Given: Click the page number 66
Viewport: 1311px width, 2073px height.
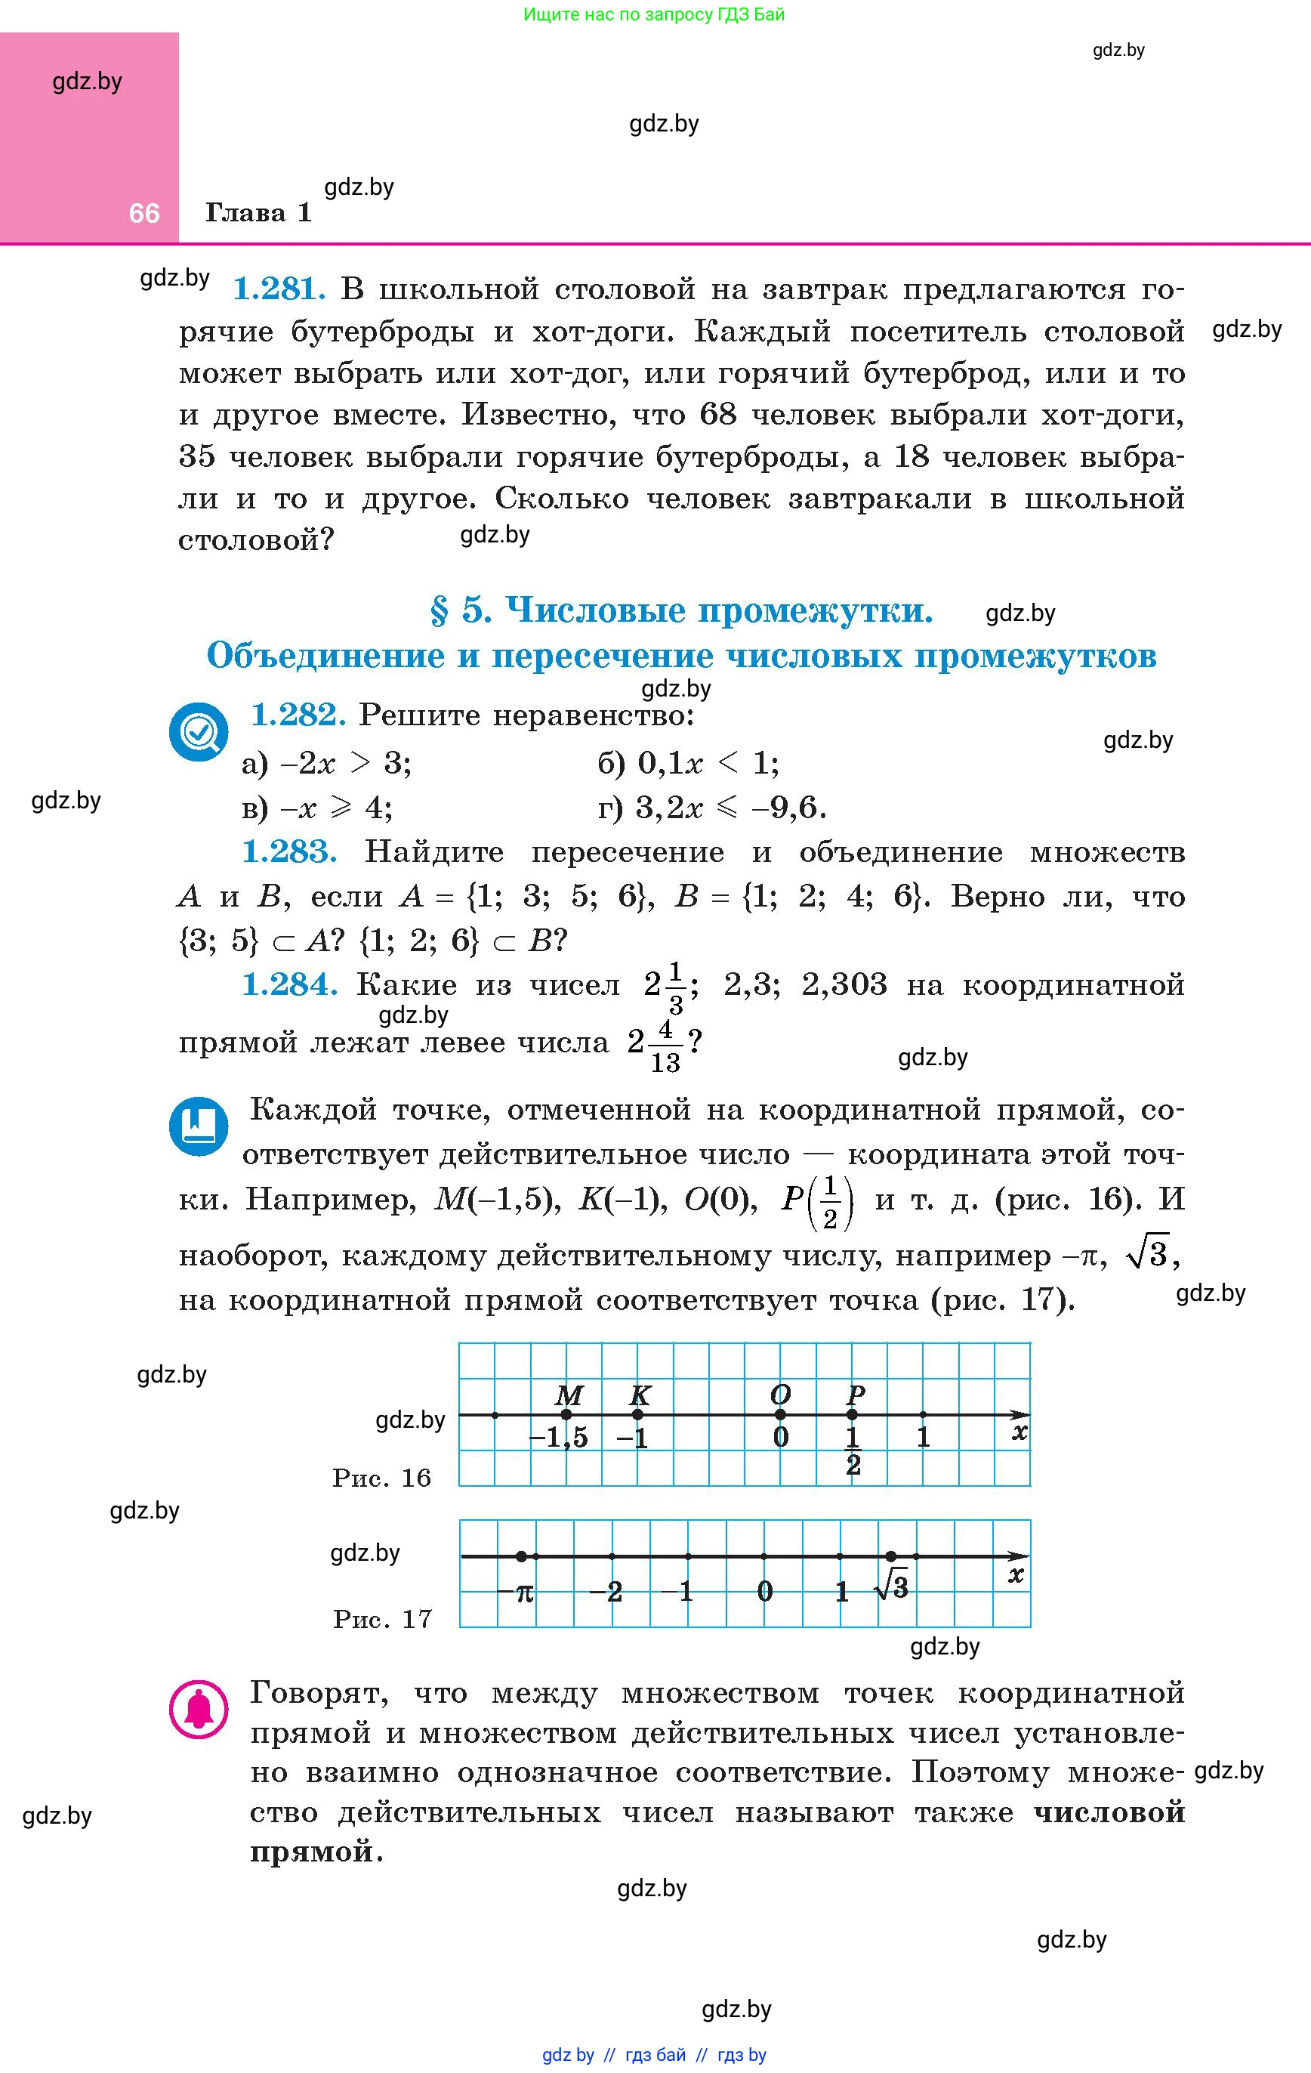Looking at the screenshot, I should click(x=143, y=212).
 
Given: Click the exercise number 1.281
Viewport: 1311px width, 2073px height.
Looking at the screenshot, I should click(x=279, y=289).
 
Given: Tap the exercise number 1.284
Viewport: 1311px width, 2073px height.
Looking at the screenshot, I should click(x=288, y=984).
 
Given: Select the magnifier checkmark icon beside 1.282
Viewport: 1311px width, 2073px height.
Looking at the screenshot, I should click(x=199, y=733).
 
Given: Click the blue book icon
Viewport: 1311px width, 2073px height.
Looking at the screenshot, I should click(x=199, y=1125).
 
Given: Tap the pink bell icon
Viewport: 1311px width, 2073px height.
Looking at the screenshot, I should click(x=199, y=1709).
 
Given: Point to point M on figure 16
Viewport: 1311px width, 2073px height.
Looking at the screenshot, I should click(x=566, y=1414).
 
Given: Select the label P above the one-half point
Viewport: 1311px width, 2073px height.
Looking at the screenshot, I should click(x=855, y=1394).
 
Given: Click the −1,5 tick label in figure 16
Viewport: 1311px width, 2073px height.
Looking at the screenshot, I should click(x=559, y=1438).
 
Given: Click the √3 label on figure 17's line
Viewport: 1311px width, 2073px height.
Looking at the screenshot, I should click(x=892, y=1586).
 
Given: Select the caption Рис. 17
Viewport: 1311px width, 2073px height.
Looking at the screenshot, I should click(x=382, y=1619).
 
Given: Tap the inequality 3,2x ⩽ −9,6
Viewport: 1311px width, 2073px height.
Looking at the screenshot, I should click(x=731, y=808).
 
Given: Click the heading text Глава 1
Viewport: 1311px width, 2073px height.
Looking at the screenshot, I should click(x=258, y=212).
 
